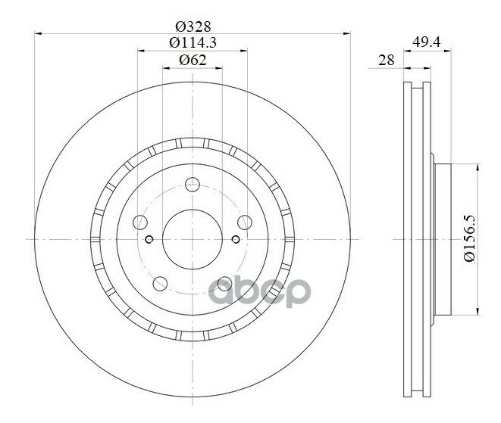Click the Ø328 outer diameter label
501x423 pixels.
(x=193, y=26)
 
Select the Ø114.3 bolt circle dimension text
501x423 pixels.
(x=193, y=42)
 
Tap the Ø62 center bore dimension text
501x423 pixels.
(x=193, y=60)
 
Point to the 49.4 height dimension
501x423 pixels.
(x=427, y=42)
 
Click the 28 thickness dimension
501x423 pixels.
(x=387, y=60)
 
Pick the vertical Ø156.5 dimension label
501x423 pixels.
(x=470, y=238)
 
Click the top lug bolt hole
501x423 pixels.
(x=193, y=185)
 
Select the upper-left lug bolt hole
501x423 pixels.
(x=140, y=222)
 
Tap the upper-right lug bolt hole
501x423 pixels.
(x=245, y=222)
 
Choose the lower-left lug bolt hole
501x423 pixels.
(x=160, y=284)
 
